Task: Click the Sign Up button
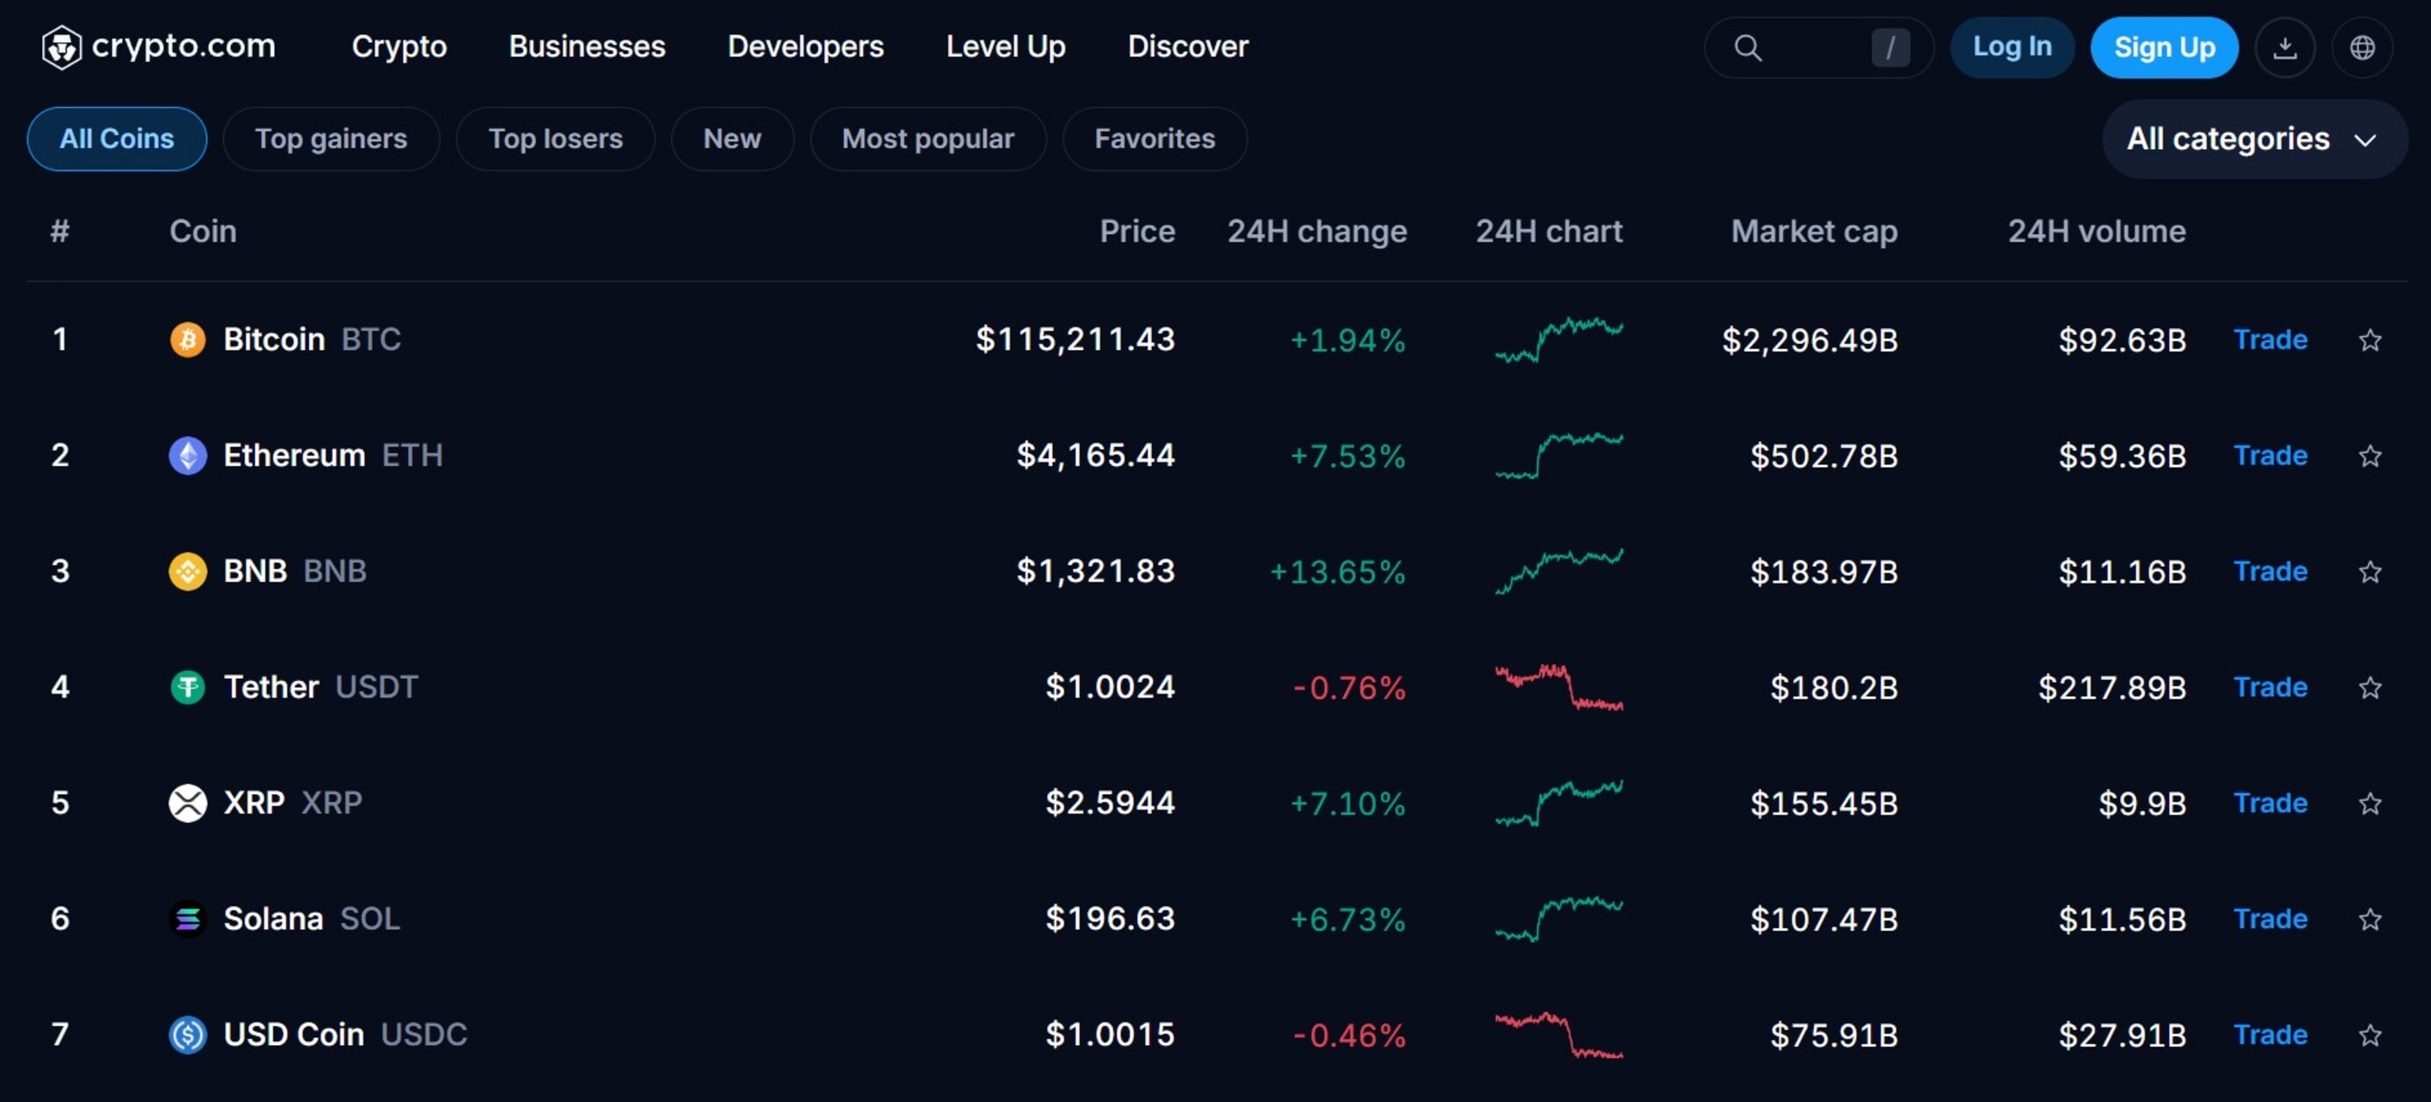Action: (2163, 47)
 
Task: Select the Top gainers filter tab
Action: (330, 139)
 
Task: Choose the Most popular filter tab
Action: (927, 139)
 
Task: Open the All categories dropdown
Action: (2252, 140)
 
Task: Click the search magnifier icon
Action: (1748, 47)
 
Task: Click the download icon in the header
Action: (2284, 47)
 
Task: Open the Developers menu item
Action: (805, 47)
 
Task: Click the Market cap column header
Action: (1813, 231)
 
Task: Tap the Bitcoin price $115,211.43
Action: (1075, 339)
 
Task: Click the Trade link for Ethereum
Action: (2269, 455)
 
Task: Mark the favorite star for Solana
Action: (2370, 919)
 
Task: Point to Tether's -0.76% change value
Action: (1349, 688)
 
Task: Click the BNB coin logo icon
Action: (188, 572)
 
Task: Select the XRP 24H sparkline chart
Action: (1558, 803)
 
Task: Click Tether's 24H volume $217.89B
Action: (2111, 688)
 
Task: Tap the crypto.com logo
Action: (159, 47)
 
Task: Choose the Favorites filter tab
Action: (1154, 139)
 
